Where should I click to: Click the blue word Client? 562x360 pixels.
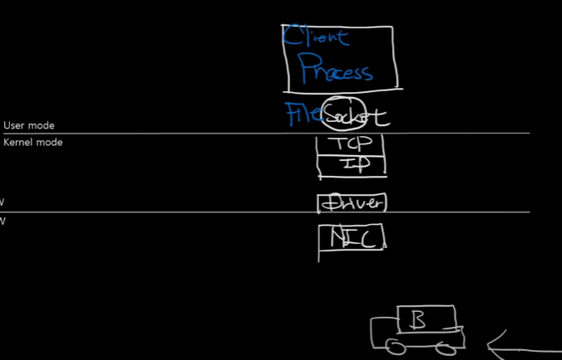click(x=316, y=36)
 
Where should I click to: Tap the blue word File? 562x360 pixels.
click(x=302, y=113)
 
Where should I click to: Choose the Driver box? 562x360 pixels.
click(x=352, y=202)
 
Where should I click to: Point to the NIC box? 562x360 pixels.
click(x=352, y=238)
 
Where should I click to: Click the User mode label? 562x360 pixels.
click(x=29, y=125)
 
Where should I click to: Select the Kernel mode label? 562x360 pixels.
click(x=33, y=142)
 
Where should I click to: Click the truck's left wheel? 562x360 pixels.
click(x=395, y=343)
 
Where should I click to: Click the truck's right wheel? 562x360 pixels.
click(x=448, y=343)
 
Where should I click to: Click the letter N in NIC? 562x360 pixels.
click(x=337, y=239)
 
